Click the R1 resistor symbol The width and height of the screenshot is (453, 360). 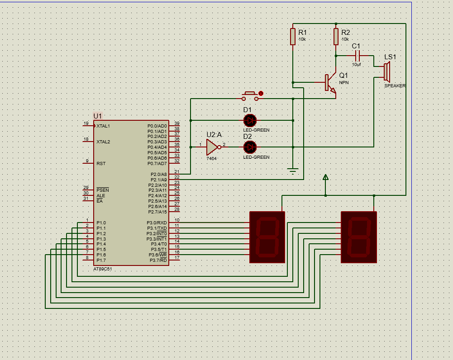pos(293,37)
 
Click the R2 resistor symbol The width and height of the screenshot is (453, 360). pos(336,37)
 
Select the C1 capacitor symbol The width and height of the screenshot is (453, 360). pos(357,56)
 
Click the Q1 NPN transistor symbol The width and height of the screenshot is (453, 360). pos(330,83)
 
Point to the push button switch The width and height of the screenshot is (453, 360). pos(250,96)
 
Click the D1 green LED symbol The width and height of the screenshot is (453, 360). pos(250,120)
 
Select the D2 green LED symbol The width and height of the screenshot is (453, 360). pos(250,147)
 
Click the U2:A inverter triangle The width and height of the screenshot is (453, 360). pos(213,147)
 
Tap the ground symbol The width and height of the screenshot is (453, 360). pos(293,171)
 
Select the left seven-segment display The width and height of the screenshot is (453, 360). pos(267,237)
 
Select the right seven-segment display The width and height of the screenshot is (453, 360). pos(359,237)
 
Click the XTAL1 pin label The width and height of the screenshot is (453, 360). pos(103,126)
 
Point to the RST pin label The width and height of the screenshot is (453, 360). pos(101,164)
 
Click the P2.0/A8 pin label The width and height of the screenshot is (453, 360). pos(158,175)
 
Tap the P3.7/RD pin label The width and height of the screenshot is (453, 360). pos(158,261)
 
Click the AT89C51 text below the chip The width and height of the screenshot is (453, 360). pos(103,269)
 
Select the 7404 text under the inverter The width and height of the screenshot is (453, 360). pos(211,158)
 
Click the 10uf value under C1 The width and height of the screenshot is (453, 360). pos(357,65)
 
